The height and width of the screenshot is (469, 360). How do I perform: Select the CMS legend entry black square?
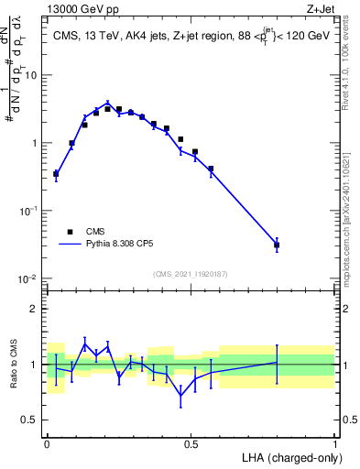pos(69,232)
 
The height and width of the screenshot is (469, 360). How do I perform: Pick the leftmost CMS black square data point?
pos(56,173)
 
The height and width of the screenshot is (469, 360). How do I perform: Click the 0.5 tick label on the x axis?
pos(191,444)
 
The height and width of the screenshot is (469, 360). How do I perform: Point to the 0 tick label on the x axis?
pos(47,444)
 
